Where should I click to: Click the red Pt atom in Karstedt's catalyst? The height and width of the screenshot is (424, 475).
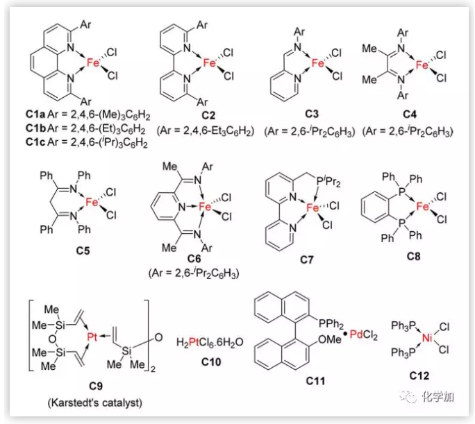coord(92,336)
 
